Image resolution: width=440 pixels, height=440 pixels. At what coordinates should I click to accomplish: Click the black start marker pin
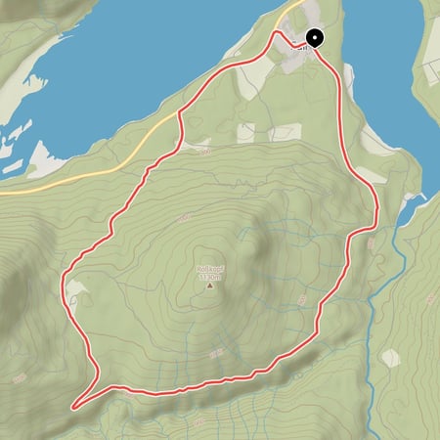tap(315, 39)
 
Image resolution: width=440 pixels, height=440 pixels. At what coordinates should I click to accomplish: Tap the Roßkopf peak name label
tap(209, 269)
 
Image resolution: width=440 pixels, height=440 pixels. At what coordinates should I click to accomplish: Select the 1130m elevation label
tap(209, 277)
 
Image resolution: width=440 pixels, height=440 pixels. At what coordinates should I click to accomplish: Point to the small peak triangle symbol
tap(209, 286)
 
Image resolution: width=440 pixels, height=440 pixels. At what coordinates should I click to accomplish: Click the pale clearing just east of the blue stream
tap(390, 358)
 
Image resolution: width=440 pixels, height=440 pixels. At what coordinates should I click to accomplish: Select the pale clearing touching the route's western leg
tap(74, 288)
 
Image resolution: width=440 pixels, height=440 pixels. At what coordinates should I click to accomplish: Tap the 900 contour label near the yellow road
tap(203, 152)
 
